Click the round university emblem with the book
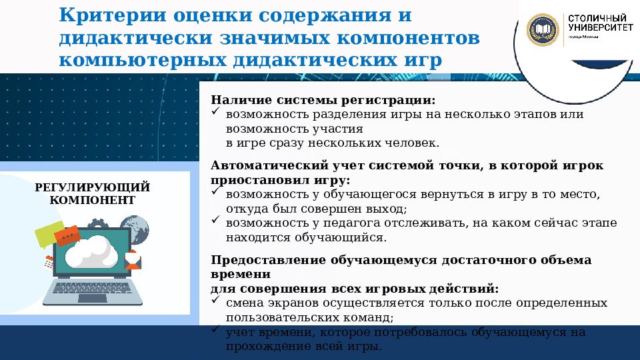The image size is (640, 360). [x=543, y=29]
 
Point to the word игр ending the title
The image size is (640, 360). [x=421, y=60]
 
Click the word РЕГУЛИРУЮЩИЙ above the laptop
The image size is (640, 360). [x=92, y=187]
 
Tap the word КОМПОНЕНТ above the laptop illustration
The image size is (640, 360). [x=92, y=200]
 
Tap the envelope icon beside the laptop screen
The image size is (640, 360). [x=133, y=259]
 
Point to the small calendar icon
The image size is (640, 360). [x=49, y=262]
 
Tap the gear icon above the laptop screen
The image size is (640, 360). [x=96, y=223]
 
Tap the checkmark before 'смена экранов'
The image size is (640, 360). [x=216, y=301]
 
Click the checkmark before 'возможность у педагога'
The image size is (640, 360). [x=216, y=221]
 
